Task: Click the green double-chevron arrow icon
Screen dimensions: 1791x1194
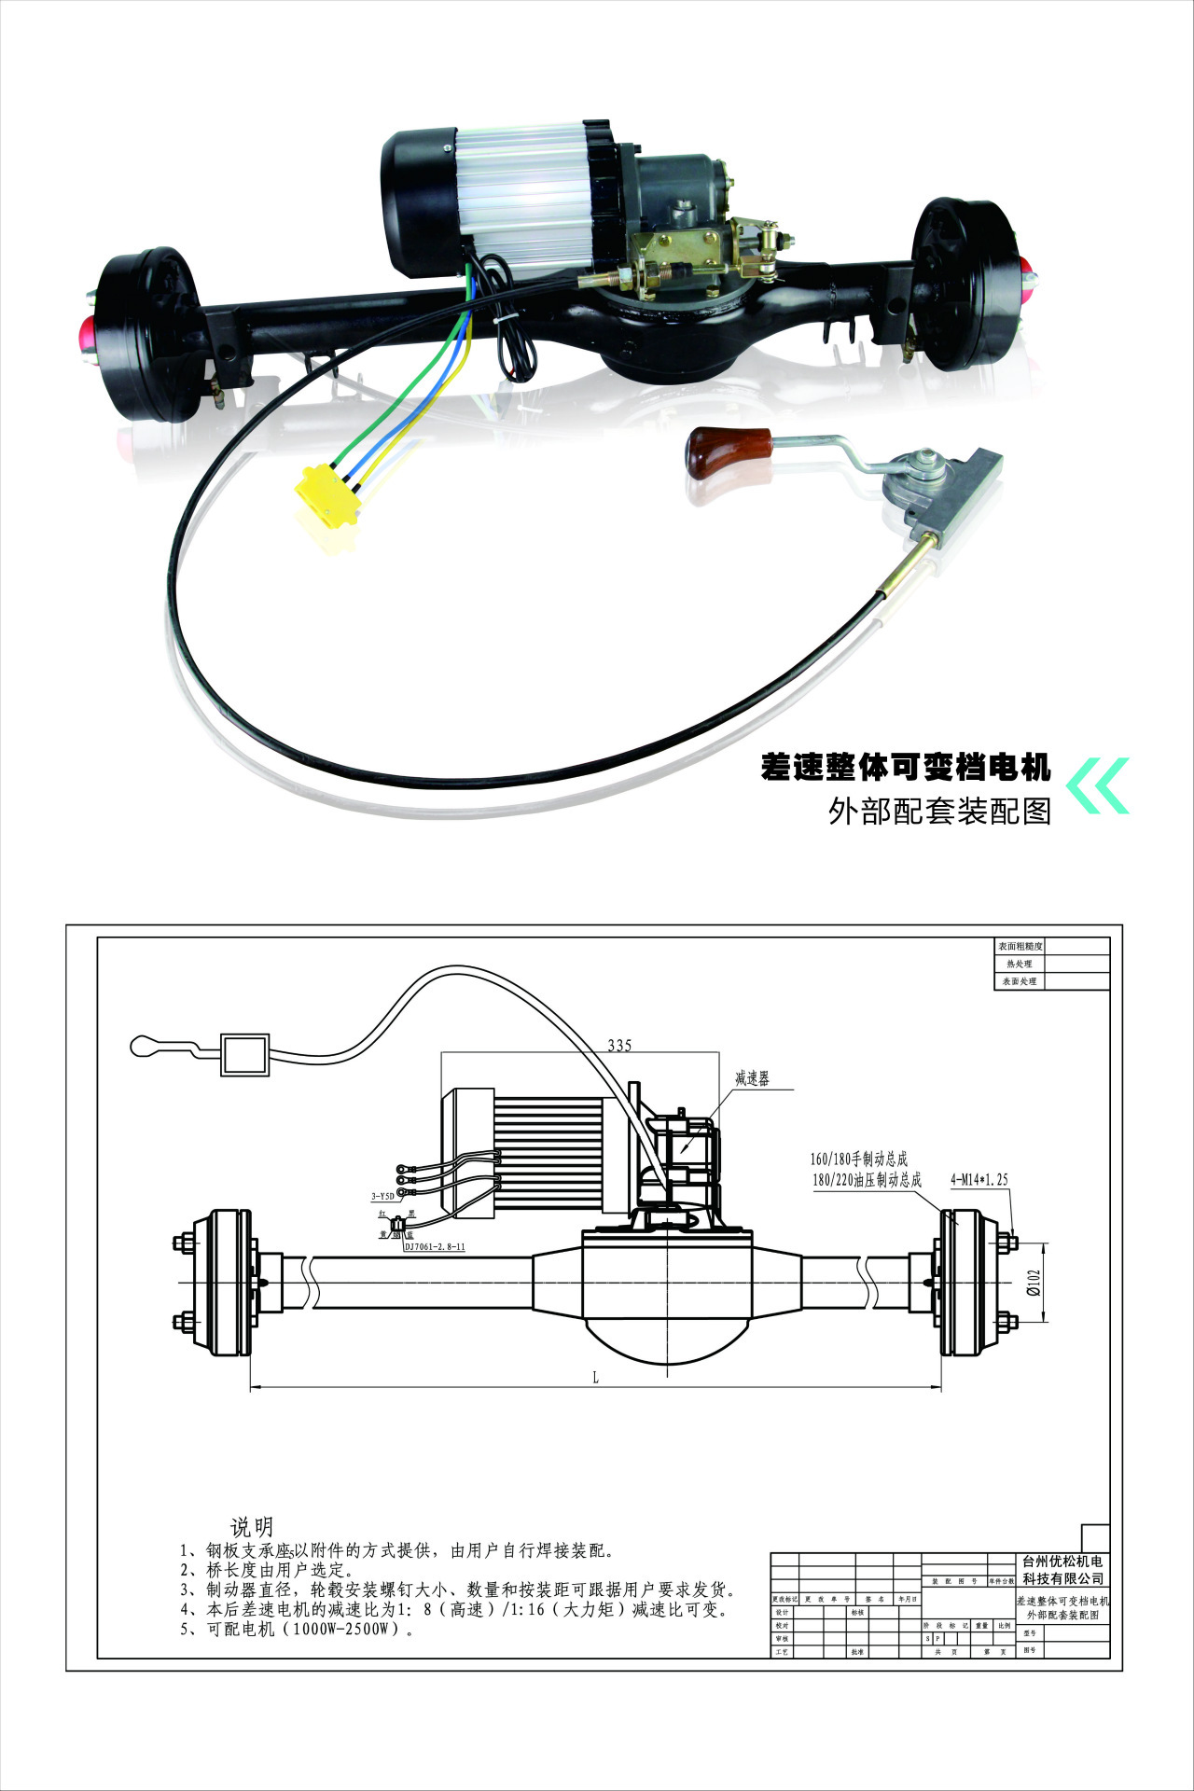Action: tap(1098, 784)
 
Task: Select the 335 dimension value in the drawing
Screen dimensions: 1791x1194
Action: tap(619, 1045)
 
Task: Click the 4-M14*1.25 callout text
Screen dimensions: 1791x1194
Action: tap(979, 1179)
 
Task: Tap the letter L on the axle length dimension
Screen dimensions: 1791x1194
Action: tap(595, 1377)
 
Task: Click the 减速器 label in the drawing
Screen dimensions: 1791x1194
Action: tap(752, 1078)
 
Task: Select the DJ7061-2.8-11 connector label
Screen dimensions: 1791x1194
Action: tap(434, 1246)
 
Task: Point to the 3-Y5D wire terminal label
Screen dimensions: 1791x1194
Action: tap(382, 1195)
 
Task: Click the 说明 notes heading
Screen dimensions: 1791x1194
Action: tap(251, 1527)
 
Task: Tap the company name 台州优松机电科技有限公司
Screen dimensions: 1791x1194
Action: tap(1062, 1569)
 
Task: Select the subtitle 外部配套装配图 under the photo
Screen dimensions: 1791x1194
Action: tap(940, 811)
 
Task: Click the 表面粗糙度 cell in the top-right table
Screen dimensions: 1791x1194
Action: tap(1020, 946)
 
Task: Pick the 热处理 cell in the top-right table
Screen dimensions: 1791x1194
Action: tap(1020, 964)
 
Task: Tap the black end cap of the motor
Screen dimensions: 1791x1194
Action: tap(416, 203)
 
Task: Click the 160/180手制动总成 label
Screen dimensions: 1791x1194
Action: tap(858, 1159)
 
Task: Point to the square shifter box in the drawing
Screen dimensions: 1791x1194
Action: tap(244, 1054)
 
